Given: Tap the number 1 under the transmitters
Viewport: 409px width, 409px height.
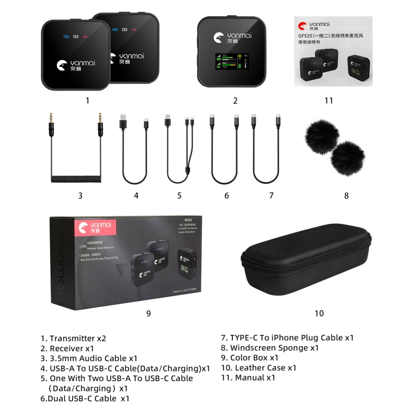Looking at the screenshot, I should [87, 100].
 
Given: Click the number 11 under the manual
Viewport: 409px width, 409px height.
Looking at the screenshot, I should [328, 100].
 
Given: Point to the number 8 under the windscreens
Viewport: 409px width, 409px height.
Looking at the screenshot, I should [346, 195].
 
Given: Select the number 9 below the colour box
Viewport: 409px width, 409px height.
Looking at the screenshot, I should [148, 313].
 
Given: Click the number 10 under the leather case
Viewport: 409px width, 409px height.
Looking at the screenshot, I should [319, 313].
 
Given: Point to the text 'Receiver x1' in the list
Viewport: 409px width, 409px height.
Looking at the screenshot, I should [74, 348].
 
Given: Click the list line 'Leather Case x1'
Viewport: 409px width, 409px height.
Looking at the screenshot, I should [258, 368].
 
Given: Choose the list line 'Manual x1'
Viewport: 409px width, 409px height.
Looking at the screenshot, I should [248, 377].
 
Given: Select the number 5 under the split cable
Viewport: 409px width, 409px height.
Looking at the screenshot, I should [179, 195].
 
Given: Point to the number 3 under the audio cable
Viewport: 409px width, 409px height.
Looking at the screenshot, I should [80, 195].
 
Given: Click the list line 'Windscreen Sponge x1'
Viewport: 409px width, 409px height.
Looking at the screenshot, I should [269, 348].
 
